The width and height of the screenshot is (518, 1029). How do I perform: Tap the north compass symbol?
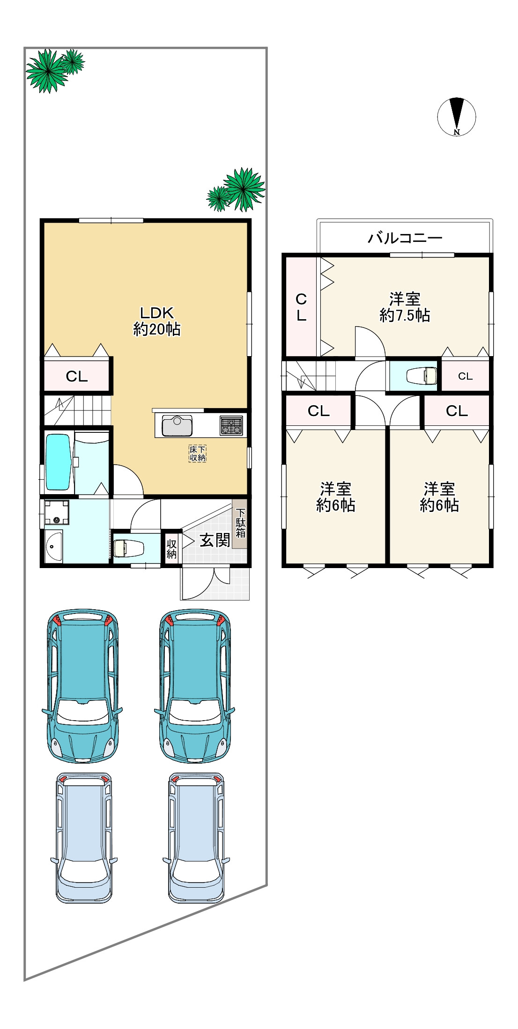pos(457,117)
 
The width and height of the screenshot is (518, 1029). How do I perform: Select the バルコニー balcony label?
pos(405,238)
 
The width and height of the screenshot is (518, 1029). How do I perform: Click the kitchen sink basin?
pos(177,425)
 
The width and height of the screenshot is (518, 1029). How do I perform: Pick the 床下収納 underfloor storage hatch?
pos(198,453)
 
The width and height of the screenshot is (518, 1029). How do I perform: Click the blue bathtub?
pos(58,462)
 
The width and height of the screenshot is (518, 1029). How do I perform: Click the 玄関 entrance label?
pos(215,540)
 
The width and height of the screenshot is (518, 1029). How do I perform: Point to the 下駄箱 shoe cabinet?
pos(240,523)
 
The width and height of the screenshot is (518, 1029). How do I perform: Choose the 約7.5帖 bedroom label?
pos(405,307)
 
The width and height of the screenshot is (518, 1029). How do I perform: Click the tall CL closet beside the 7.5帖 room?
pos(301,306)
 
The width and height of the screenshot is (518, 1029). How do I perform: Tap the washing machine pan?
pos(57,512)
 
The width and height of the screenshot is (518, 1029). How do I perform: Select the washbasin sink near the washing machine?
pos(54,547)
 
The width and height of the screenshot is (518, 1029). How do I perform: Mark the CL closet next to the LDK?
pos(77,375)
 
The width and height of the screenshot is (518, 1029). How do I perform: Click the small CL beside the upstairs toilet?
pos(465,376)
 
